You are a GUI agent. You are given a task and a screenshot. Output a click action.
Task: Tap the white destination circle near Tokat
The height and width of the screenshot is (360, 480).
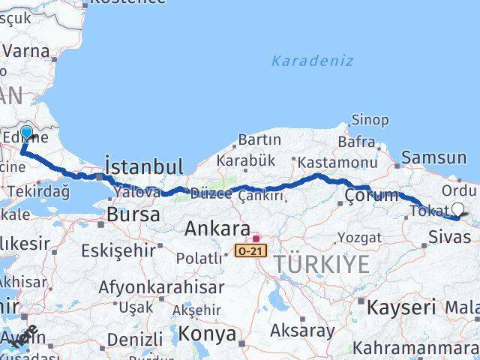click(458, 211)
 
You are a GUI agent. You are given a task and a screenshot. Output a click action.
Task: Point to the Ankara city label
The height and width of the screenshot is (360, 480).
click(217, 228)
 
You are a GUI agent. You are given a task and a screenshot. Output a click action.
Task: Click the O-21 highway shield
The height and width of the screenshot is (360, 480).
click(250, 250)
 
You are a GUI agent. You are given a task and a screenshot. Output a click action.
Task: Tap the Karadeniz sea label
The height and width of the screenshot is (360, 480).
click(312, 61)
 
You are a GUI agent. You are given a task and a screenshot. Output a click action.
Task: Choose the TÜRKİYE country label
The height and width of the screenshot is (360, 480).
click(322, 264)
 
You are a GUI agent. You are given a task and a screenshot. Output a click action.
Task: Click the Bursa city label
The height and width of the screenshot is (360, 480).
click(133, 214)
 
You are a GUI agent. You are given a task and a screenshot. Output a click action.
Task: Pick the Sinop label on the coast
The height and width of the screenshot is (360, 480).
click(370, 119)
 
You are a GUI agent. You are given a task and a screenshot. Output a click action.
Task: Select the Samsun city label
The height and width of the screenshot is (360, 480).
click(433, 157)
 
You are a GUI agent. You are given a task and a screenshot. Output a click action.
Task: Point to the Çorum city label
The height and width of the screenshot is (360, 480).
click(372, 196)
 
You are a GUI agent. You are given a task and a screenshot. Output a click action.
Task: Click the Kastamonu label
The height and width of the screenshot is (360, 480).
click(337, 162)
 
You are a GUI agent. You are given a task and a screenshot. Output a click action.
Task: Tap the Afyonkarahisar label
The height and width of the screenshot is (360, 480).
click(160, 287)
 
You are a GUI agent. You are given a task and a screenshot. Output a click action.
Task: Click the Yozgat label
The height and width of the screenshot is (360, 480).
click(360, 238)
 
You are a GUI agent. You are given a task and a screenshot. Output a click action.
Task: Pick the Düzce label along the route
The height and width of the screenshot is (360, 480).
click(211, 193)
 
